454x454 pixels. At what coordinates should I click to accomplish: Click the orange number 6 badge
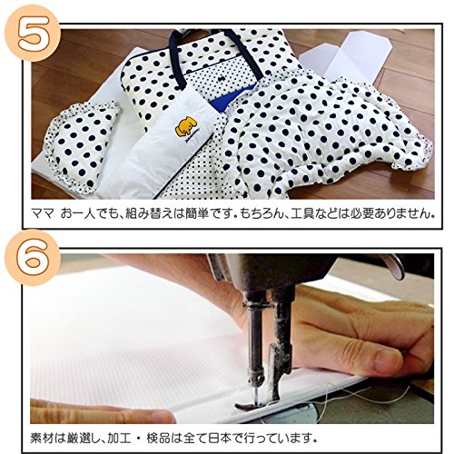[x=31, y=258]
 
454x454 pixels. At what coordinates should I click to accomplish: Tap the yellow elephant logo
[x=186, y=127]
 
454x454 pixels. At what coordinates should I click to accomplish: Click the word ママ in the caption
[x=43, y=213]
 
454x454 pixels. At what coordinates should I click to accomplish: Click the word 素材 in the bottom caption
[x=43, y=438]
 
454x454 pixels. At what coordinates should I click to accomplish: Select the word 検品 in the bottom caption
[x=159, y=438]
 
